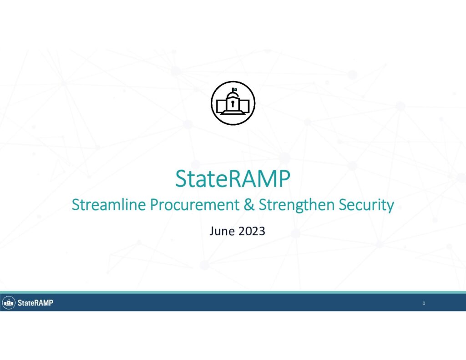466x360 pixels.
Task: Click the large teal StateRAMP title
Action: coord(233,179)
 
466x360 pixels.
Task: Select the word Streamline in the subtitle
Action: coord(109,204)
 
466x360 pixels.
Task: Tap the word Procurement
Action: coord(195,204)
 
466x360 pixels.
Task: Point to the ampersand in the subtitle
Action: coord(249,204)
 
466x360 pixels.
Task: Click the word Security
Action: coord(366,205)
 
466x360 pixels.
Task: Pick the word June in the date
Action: coord(222,231)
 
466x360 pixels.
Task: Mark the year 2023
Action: coord(252,231)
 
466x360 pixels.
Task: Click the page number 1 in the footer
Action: coord(424,303)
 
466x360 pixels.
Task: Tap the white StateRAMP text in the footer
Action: coord(35,303)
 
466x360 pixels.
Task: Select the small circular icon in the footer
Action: coord(9,303)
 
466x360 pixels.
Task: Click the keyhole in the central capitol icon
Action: coord(233,103)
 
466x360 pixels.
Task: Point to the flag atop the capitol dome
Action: coord(234,89)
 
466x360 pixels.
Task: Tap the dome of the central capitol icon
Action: coord(233,95)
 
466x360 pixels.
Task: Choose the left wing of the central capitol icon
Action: coord(222,106)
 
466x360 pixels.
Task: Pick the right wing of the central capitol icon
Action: coord(244,106)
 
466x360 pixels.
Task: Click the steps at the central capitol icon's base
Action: coord(233,112)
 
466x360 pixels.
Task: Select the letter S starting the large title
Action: coord(182,179)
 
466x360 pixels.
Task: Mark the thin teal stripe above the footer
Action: coord(233,293)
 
